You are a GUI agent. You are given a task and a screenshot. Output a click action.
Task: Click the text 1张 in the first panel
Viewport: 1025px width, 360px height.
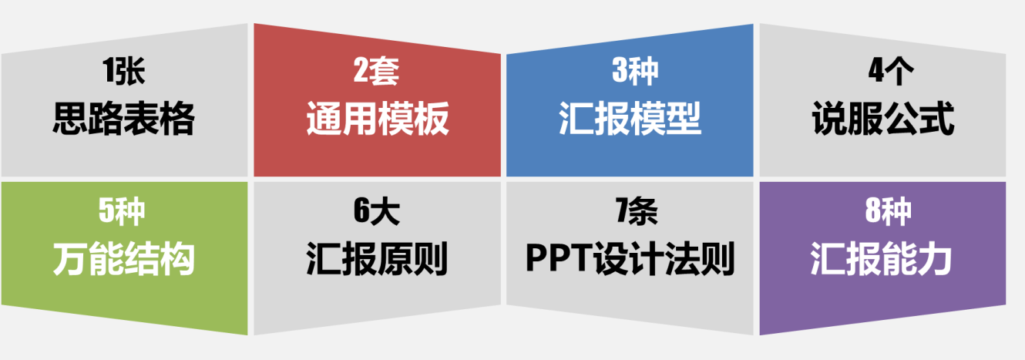click(x=123, y=72)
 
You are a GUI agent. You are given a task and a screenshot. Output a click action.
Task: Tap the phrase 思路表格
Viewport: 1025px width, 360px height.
click(x=123, y=119)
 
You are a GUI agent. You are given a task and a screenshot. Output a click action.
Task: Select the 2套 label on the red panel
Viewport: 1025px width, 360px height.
click(x=376, y=72)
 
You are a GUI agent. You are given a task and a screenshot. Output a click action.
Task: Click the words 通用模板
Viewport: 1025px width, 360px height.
click(x=378, y=119)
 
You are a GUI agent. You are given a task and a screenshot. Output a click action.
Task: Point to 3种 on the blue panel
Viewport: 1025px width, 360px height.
click(x=635, y=72)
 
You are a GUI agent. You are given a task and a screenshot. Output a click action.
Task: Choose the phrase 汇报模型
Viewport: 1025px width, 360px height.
click(x=630, y=119)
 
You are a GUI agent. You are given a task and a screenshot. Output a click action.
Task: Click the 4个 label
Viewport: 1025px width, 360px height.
click(x=891, y=72)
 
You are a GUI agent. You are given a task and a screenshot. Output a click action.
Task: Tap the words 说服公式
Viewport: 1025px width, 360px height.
click(x=883, y=119)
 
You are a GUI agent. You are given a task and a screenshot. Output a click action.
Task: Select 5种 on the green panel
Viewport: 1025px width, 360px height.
click(x=122, y=212)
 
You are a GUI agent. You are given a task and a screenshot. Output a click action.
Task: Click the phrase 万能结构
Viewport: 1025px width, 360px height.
click(x=123, y=259)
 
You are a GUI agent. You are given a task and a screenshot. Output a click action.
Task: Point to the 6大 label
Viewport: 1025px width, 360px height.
click(x=377, y=212)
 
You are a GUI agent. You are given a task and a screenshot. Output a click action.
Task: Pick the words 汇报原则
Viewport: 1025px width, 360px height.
click(x=377, y=259)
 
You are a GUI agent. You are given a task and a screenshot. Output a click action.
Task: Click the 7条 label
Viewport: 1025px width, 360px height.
click(x=637, y=212)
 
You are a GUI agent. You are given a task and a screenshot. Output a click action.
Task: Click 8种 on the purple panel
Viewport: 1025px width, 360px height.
click(x=888, y=212)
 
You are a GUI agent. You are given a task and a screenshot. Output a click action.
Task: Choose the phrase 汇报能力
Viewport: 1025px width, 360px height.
click(x=882, y=259)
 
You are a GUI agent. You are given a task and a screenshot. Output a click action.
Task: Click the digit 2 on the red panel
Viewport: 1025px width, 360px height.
click(x=361, y=72)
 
